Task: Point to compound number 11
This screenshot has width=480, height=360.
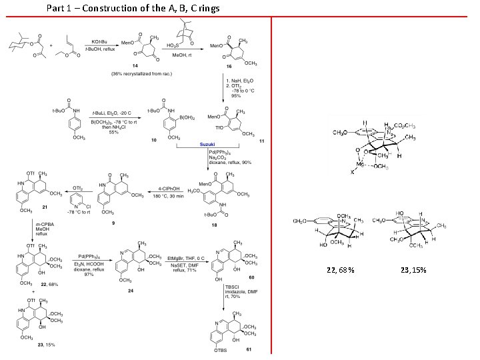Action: pyautogui.click(x=261, y=141)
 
